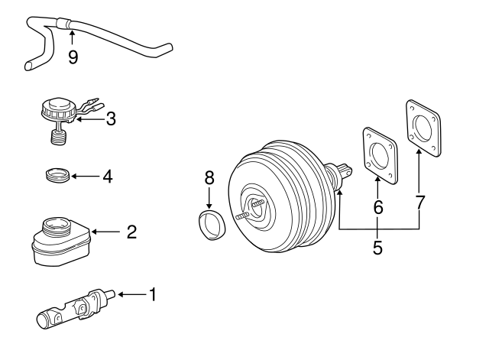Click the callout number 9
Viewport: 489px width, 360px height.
pyautogui.click(x=73, y=57)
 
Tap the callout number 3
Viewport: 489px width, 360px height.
pyautogui.click(x=112, y=118)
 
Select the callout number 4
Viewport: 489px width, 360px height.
pyautogui.click(x=107, y=177)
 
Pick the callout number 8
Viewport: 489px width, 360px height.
pyautogui.click(x=210, y=179)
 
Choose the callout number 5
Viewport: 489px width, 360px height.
pyautogui.click(x=377, y=248)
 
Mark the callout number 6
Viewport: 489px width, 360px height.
pyautogui.click(x=378, y=206)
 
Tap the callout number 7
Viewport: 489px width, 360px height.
pyautogui.click(x=419, y=202)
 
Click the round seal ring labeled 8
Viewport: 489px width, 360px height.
pyautogui.click(x=211, y=225)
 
